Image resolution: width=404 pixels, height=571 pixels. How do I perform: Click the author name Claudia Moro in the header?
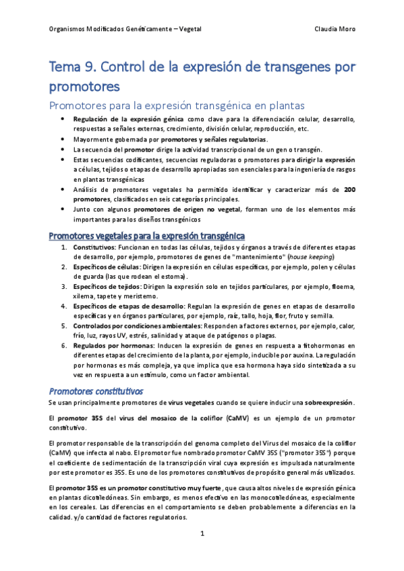[335, 30]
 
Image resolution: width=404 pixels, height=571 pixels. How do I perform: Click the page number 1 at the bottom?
[202, 534]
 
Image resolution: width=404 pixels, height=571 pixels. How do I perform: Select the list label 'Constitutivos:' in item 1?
[94, 247]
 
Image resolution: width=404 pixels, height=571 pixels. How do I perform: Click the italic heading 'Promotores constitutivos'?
[95, 391]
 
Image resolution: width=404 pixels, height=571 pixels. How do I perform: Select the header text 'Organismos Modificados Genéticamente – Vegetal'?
[126, 30]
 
